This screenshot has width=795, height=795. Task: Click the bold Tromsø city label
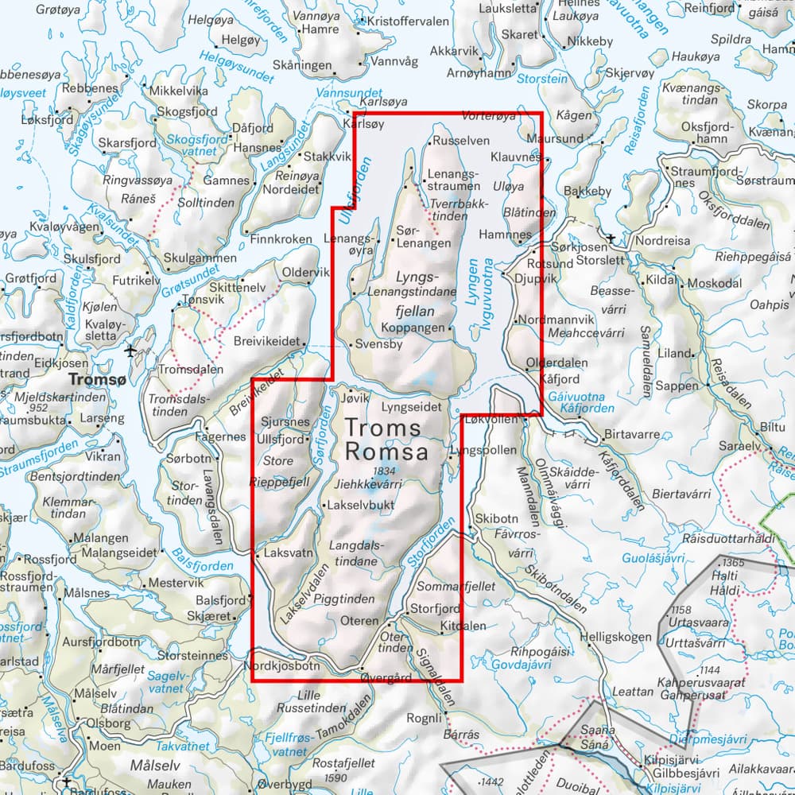tap(97, 381)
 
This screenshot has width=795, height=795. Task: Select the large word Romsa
tap(386, 452)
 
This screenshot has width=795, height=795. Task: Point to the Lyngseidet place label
tap(411, 405)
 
